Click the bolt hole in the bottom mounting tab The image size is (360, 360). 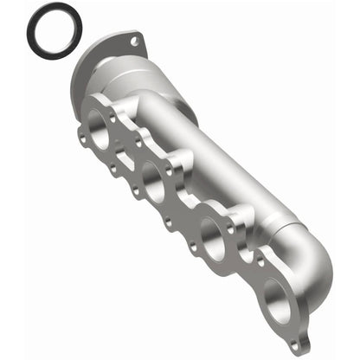click(299, 344)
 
